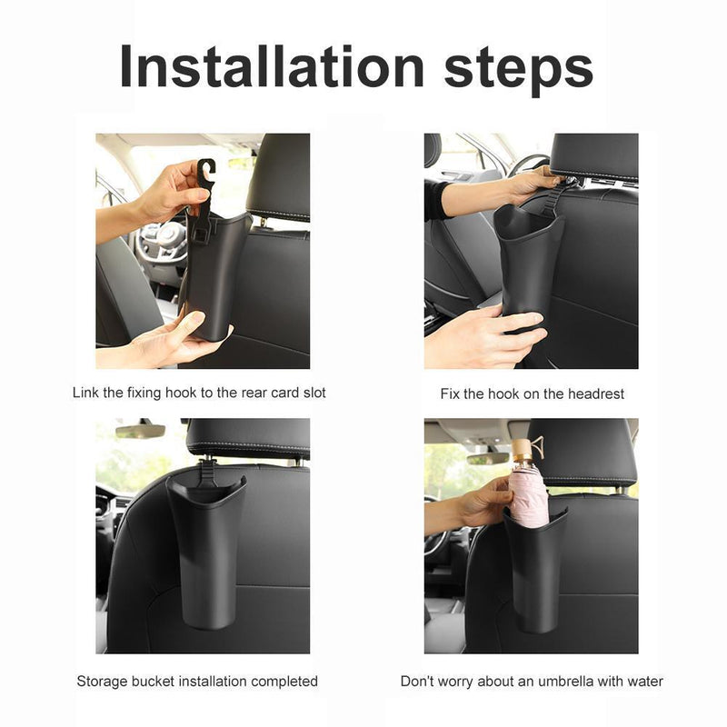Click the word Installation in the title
(273, 67)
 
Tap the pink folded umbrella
(530, 495)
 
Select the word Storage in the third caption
(102, 681)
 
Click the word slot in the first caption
(313, 393)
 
